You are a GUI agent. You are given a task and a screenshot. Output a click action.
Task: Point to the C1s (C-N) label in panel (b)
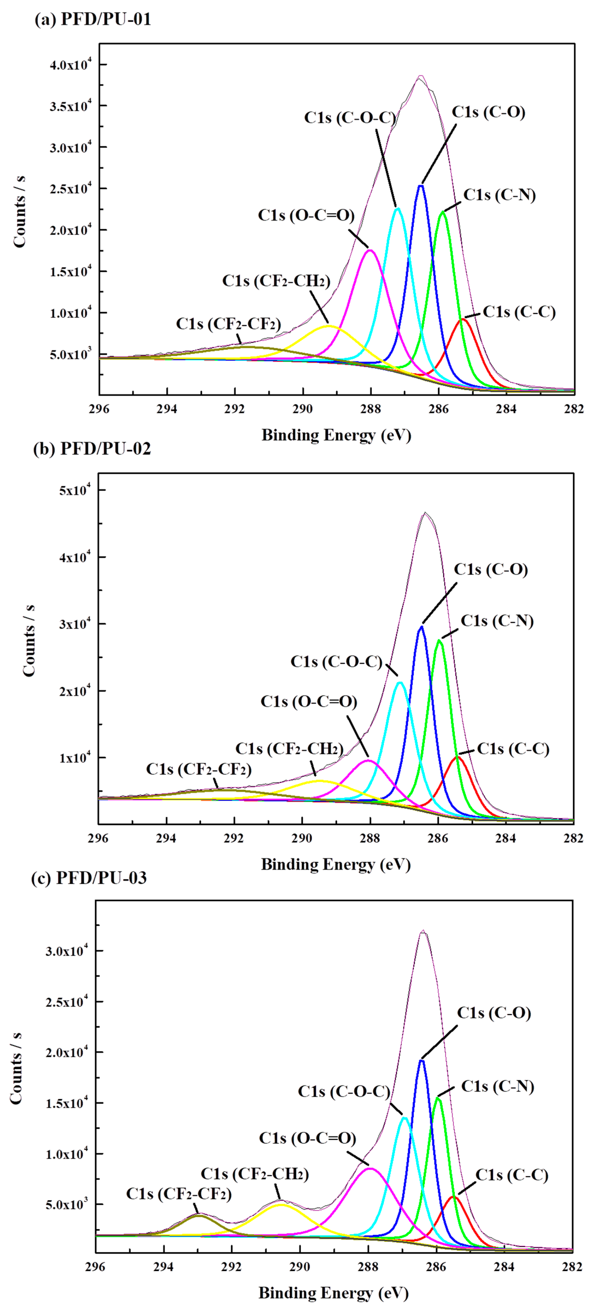pyautogui.click(x=497, y=621)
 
